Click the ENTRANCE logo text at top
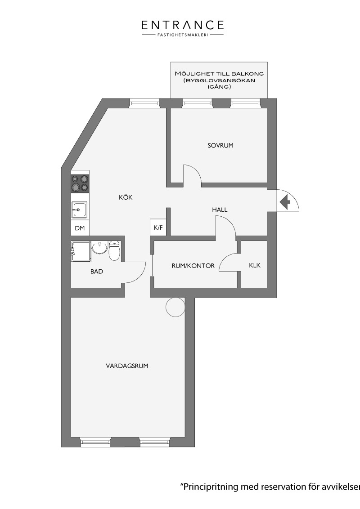183,25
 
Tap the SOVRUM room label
220,145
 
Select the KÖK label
126,197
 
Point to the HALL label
220,210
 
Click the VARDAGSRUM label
127,366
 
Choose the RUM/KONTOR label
193,266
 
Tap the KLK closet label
255,265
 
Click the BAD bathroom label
97,272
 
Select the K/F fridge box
158,227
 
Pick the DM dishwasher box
80,228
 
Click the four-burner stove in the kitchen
80,183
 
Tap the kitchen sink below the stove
80,210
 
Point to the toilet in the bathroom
114,250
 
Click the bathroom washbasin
99,248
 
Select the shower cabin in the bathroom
81,251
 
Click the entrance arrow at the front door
285,202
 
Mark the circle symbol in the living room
176,307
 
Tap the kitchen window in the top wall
144,103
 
